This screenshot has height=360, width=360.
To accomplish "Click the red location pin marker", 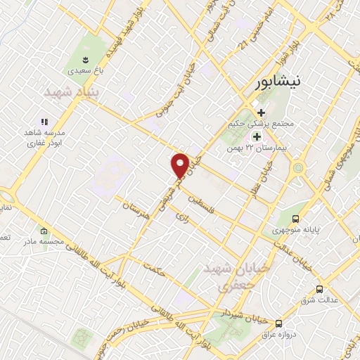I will click(181, 165).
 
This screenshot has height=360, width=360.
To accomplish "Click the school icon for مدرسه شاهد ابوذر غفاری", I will click(44, 122).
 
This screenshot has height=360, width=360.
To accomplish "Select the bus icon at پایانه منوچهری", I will click(296, 219).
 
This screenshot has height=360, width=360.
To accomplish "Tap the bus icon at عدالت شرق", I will click(320, 289).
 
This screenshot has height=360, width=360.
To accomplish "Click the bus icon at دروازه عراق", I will click(279, 323).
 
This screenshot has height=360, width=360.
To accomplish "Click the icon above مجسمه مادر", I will click(44, 231).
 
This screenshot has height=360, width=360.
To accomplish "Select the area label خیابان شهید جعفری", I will click(226, 277).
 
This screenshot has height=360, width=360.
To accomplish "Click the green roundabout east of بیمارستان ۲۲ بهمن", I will click(299, 169).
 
